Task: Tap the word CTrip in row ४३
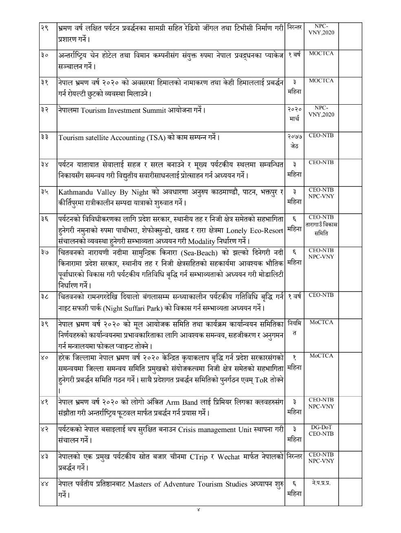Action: click(x=198, y=457)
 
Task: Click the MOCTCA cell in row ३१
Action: click(x=321, y=81)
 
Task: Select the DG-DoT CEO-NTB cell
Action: click(x=321, y=430)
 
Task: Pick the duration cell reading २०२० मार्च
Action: click(x=294, y=114)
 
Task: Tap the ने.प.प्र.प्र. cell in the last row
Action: click(x=321, y=483)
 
